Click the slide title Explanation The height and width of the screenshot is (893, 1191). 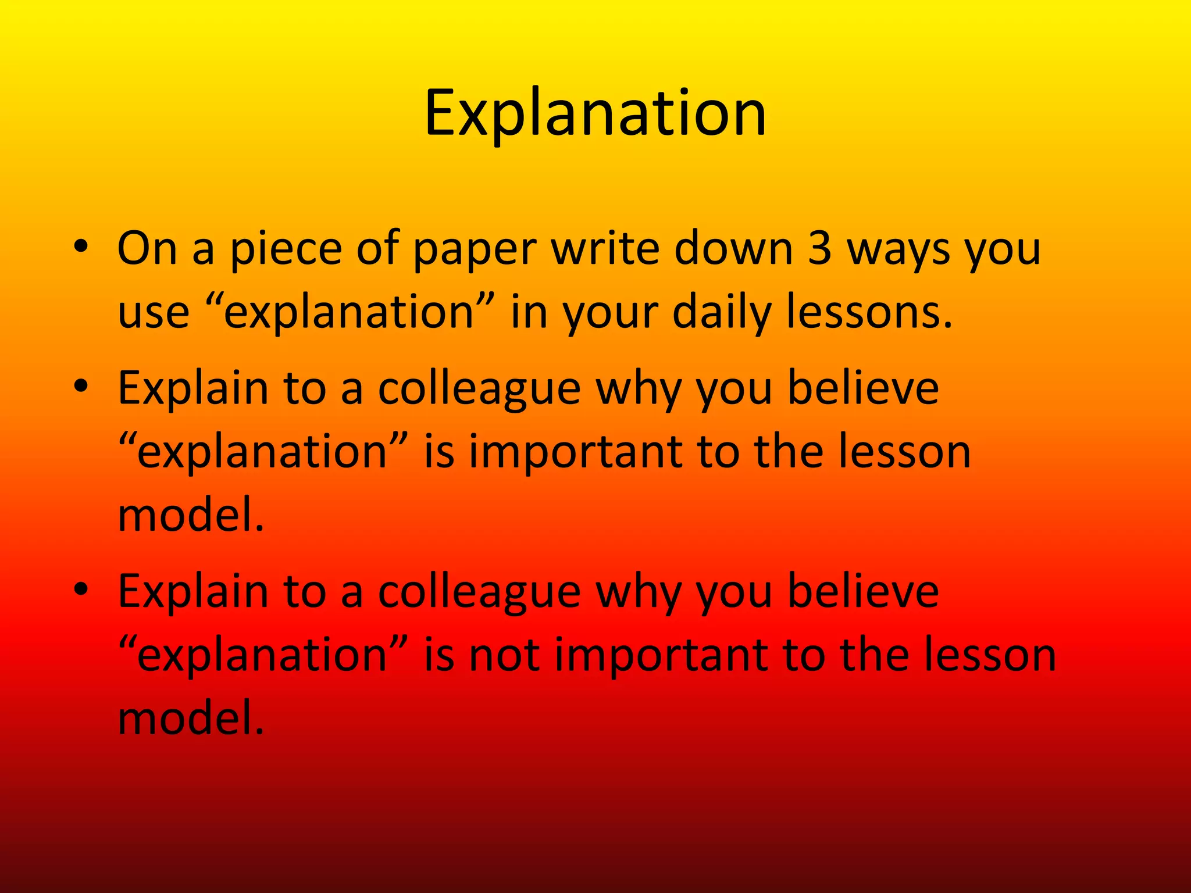click(x=595, y=113)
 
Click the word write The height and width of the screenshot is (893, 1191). click(x=604, y=249)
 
